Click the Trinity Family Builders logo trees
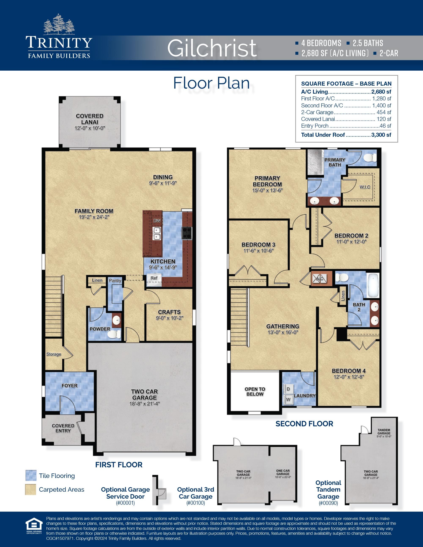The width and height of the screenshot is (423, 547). click(59, 25)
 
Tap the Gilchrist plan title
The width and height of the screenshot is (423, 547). click(212, 48)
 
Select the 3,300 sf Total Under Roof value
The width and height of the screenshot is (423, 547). click(381, 135)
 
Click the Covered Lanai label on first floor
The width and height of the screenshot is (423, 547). click(89, 119)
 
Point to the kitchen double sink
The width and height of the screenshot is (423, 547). click(157, 233)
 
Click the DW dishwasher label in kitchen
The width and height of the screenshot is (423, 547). click(157, 221)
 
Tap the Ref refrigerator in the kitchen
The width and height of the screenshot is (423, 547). click(154, 278)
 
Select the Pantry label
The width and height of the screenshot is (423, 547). click(115, 280)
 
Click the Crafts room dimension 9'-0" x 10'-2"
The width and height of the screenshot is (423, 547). click(169, 318)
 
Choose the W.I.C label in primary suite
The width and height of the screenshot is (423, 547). click(365, 187)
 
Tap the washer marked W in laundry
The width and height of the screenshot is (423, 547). click(288, 399)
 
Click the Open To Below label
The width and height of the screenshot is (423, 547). click(255, 391)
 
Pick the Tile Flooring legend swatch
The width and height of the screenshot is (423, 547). click(31, 476)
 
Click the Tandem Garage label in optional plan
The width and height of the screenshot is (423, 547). click(384, 432)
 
